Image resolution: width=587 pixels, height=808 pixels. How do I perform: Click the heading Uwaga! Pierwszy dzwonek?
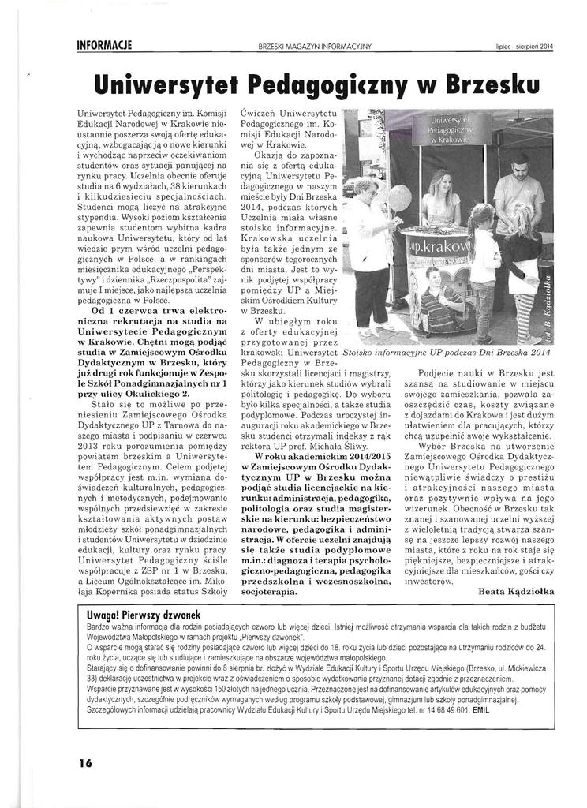click(144, 615)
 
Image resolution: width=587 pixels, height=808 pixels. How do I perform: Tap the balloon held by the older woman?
click(399, 198)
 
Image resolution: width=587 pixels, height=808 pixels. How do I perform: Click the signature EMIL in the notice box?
click(480, 709)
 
